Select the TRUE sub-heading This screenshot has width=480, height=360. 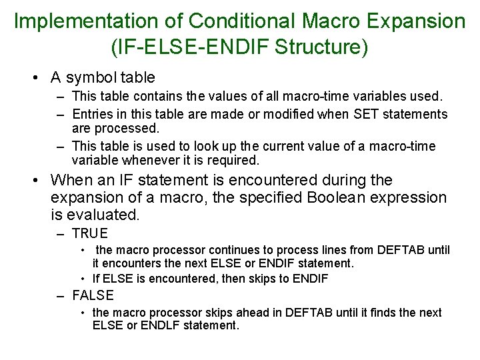pyautogui.click(x=89, y=233)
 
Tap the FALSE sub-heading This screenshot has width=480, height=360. pyautogui.click(x=93, y=295)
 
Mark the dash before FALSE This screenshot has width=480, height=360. pyautogui.click(x=61, y=295)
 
